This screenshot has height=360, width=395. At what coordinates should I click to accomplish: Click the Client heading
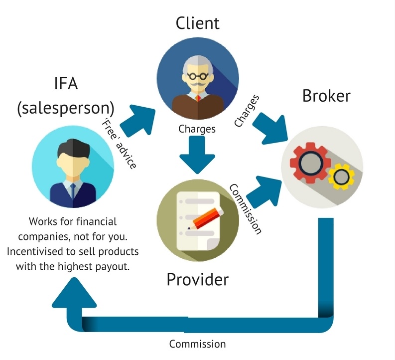(x=197, y=23)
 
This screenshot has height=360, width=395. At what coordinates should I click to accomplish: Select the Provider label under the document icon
(x=197, y=279)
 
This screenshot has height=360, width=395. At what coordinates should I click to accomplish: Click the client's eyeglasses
(x=197, y=78)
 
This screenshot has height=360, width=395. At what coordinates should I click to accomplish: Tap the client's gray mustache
(x=197, y=88)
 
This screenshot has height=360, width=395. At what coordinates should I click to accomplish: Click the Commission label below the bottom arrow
(x=197, y=344)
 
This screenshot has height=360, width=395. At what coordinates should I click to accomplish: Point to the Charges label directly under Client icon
(x=197, y=129)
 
